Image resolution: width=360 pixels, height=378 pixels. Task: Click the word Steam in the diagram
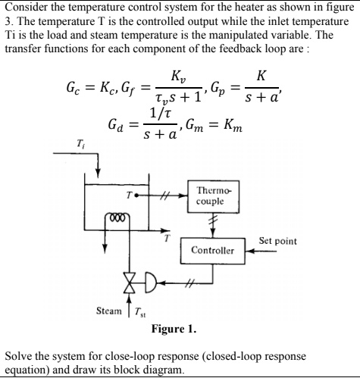(x=111, y=311)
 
